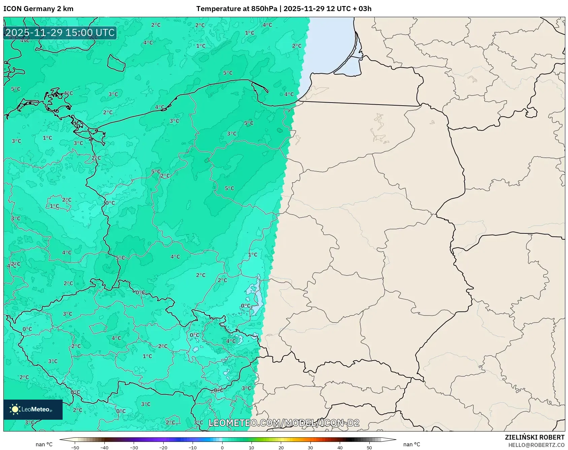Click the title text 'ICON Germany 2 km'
(38, 9)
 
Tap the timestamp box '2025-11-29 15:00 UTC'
(60, 33)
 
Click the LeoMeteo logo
(33, 409)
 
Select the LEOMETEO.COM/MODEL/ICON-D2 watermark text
(284, 423)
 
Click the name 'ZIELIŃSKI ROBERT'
(534, 437)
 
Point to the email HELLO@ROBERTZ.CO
(536, 445)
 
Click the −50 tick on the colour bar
(75, 448)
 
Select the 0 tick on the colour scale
(222, 448)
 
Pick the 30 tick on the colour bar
(310, 448)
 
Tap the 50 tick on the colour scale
(369, 448)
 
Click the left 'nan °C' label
(44, 444)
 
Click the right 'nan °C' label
(411, 444)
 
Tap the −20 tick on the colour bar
(163, 448)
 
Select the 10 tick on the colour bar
(252, 448)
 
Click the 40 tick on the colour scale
(340, 448)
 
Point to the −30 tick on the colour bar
(134, 448)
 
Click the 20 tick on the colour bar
(281, 448)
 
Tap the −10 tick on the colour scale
(193, 448)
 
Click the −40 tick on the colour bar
(104, 448)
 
